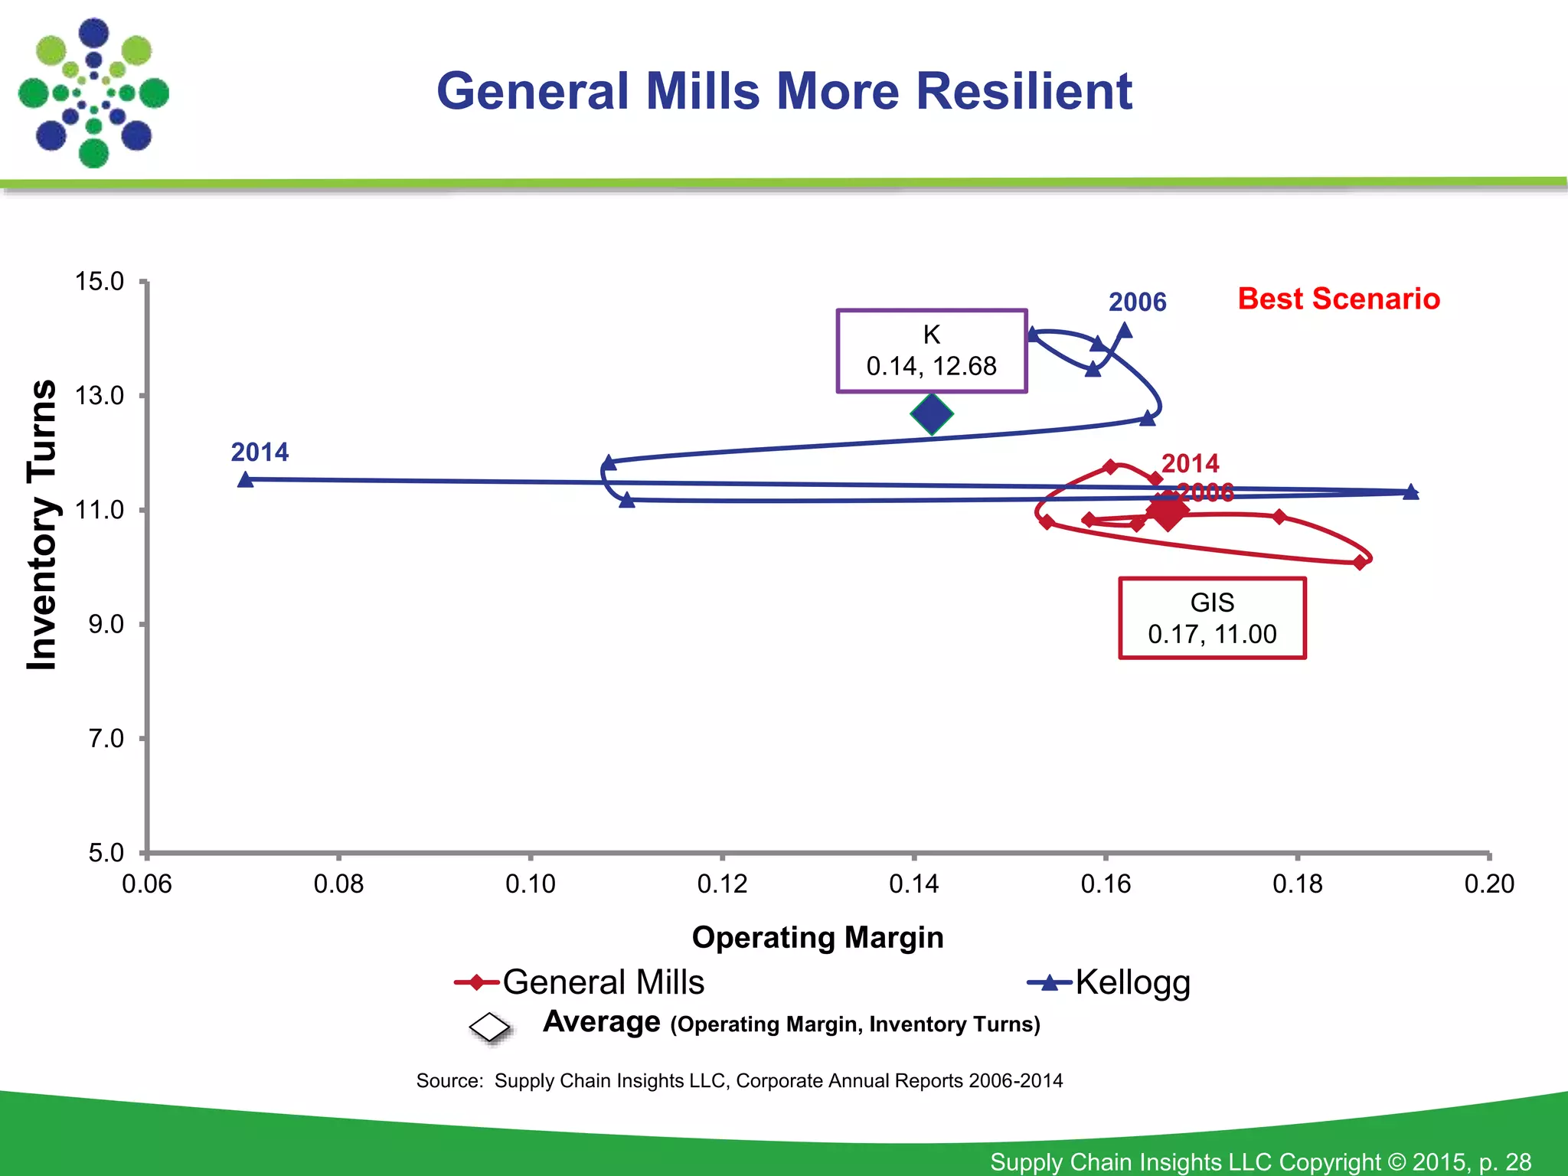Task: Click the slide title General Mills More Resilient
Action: coord(784,91)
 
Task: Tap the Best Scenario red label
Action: coord(1338,299)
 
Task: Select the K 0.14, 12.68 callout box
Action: coord(931,351)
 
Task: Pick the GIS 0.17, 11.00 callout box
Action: coord(1212,618)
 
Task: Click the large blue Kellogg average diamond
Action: coord(932,414)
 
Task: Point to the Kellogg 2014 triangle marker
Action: coord(246,480)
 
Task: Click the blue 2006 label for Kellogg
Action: coord(1137,302)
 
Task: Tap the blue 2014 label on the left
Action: coord(260,452)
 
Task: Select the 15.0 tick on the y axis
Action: coord(100,282)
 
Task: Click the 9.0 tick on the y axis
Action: coord(106,624)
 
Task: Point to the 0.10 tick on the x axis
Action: coord(530,884)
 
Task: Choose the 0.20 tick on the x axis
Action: coord(1488,884)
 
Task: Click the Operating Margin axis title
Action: coord(818,937)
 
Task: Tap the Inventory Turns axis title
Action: coord(42,524)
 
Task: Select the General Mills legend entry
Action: coord(580,982)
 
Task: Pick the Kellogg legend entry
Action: coord(1110,982)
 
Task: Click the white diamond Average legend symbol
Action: coord(490,1027)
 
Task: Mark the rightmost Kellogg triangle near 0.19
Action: coord(1410,492)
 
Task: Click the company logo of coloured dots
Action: coord(93,93)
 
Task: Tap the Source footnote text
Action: coord(739,1080)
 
